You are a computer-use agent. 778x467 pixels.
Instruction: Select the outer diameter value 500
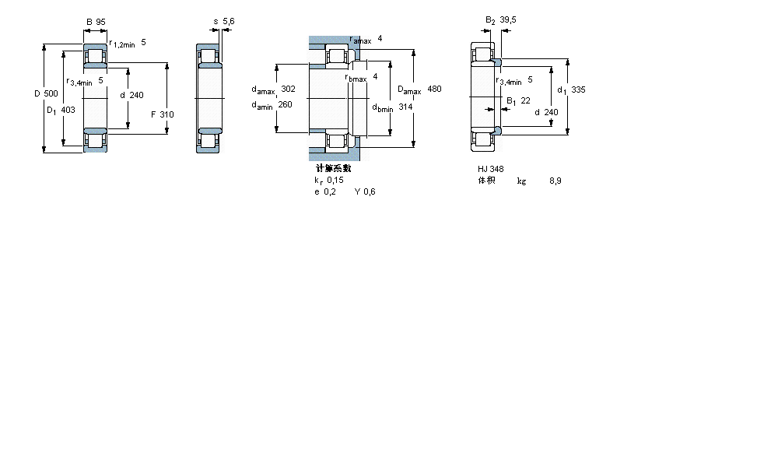51,93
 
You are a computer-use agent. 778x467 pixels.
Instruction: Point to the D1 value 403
68,110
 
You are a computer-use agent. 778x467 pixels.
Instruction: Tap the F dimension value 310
166,114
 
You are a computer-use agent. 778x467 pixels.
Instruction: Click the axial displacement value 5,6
229,21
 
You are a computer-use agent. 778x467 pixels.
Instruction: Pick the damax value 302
288,89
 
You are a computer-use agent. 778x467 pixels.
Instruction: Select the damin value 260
285,105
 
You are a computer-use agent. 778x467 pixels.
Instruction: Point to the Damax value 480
434,90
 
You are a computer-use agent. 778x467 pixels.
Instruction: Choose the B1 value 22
525,100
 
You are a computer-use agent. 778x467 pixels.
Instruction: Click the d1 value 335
578,90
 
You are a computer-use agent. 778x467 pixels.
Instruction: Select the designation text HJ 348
490,169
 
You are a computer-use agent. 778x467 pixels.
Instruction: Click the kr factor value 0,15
335,180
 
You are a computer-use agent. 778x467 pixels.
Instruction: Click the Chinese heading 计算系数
333,168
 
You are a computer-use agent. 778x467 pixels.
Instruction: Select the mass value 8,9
555,181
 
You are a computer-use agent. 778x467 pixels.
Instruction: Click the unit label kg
521,181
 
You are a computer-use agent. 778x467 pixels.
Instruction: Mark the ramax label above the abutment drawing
360,40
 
